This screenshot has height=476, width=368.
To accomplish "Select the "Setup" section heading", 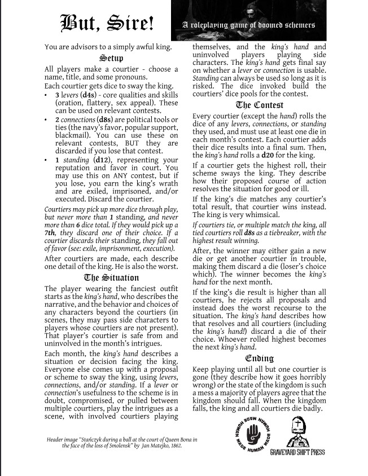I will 111,58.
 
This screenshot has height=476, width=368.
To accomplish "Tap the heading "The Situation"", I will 111,277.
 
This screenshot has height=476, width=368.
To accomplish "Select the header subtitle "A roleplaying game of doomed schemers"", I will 248,25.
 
